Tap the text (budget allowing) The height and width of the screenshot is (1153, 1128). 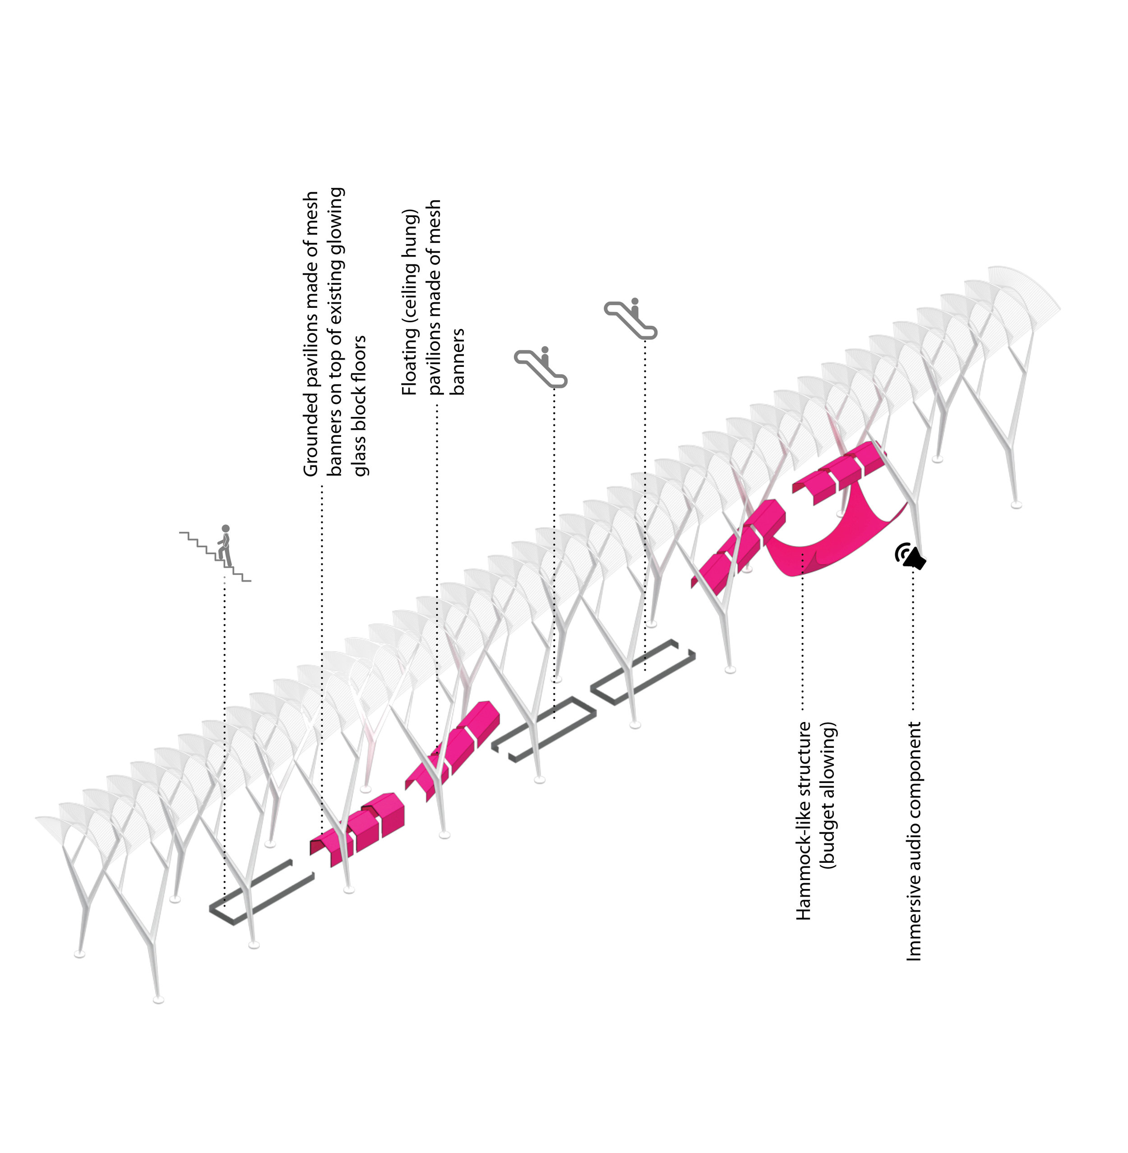(x=828, y=795)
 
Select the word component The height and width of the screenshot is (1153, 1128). (x=914, y=770)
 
